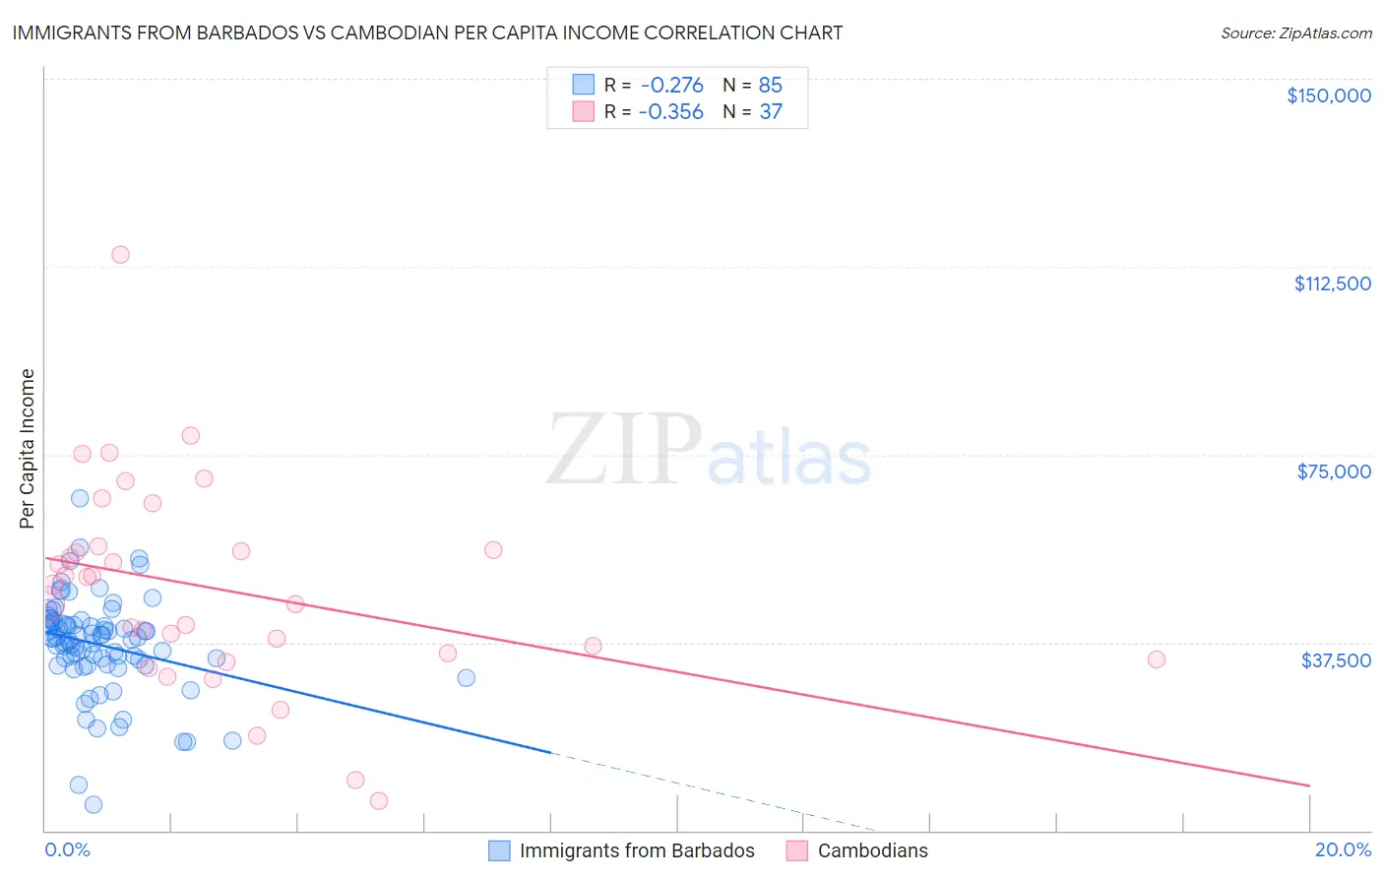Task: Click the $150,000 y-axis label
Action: [1328, 95]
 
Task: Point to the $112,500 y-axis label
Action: [1332, 283]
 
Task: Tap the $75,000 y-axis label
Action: [1334, 471]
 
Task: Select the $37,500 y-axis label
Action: [1336, 660]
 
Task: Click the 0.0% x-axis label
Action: [67, 850]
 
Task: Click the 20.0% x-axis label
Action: [1343, 850]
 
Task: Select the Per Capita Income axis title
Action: [28, 448]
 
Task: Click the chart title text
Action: [427, 32]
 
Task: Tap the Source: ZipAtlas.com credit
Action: [1295, 33]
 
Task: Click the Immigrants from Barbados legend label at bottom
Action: [636, 851]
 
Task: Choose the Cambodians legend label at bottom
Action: [872, 851]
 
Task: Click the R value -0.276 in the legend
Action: [671, 86]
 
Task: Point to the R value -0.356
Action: [670, 112]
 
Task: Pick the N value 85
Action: [770, 86]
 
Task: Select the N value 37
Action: [770, 112]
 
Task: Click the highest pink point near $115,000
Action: [120, 255]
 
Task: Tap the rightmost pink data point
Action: [1157, 659]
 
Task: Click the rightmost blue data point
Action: [467, 678]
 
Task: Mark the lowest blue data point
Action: [94, 804]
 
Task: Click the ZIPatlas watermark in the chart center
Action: [709, 451]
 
